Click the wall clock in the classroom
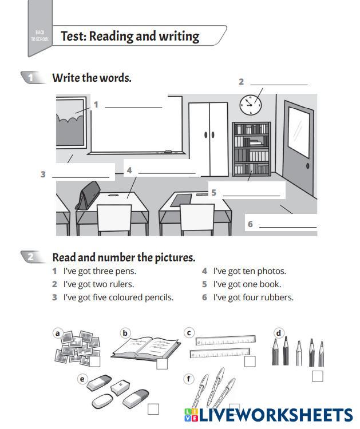point(250,104)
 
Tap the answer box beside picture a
point(95,362)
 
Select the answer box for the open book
point(162,364)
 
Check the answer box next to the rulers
point(250,362)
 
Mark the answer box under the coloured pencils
point(317,376)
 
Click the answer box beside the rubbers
point(153,408)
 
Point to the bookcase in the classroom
point(251,149)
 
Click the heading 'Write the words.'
point(92,78)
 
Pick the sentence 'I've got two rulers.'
point(98,284)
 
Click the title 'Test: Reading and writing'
point(130,37)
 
